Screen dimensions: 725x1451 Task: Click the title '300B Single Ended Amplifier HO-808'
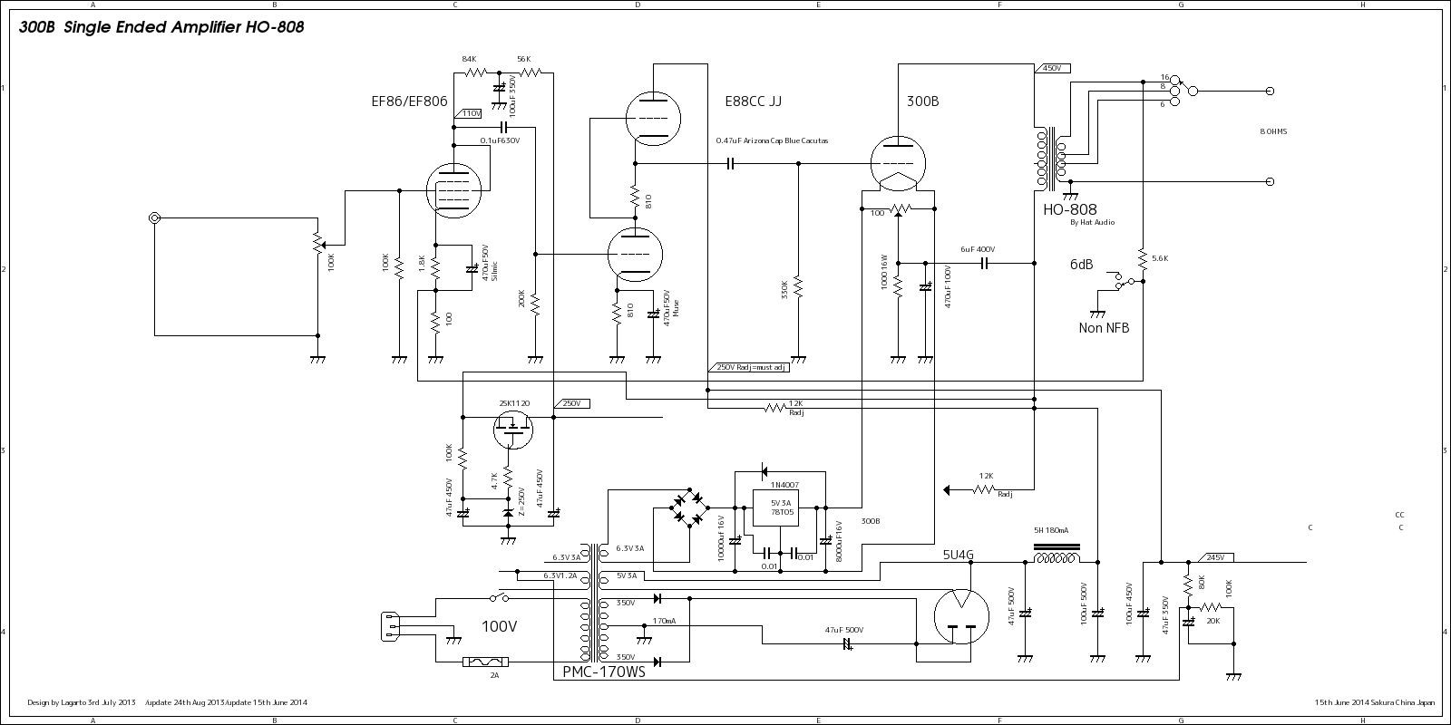[161, 27]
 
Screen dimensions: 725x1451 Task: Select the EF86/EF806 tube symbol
[453, 191]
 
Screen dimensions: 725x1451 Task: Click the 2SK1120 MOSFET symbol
[514, 430]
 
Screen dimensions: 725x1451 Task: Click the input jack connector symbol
[155, 218]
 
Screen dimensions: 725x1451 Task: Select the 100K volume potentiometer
[318, 245]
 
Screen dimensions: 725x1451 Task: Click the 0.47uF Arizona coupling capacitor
[730, 164]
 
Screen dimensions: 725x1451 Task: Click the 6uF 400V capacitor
[983, 264]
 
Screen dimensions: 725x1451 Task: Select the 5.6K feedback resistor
[1144, 257]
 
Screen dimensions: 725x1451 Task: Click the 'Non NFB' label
[1104, 328]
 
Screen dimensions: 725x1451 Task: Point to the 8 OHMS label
[1273, 132]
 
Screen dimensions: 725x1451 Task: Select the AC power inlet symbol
[391, 626]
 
